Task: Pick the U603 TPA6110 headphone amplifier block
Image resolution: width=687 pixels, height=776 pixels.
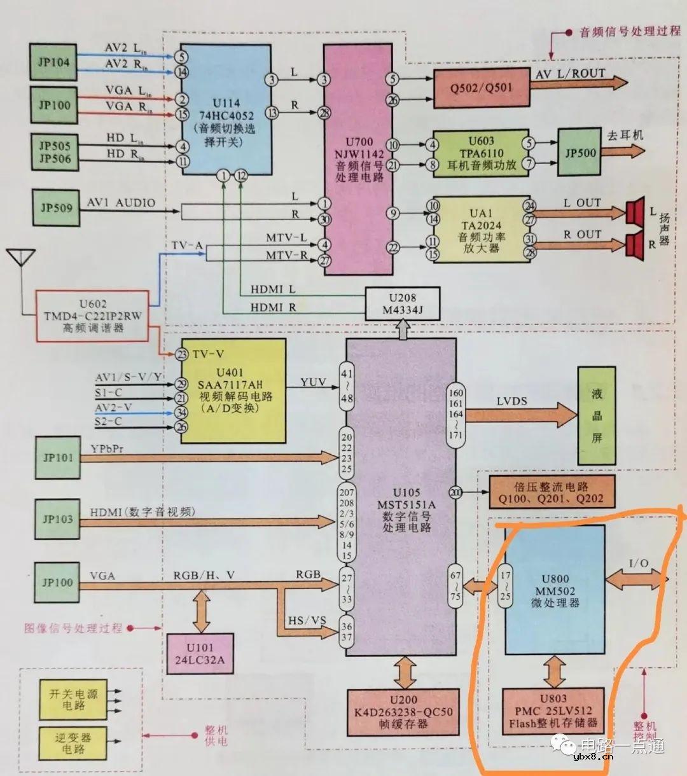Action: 481,153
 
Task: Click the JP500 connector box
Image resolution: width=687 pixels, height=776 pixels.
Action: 579,153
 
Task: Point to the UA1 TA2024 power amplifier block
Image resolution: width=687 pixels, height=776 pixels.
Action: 481,229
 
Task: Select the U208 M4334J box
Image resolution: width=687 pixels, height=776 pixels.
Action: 402,303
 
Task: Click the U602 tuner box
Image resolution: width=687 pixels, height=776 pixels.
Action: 93,315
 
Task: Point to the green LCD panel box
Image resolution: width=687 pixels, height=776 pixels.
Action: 596,415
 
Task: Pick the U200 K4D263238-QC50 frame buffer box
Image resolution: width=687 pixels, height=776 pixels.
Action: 404,711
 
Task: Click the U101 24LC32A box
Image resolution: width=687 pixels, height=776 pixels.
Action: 200,653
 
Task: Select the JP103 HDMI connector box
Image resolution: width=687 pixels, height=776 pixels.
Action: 58,519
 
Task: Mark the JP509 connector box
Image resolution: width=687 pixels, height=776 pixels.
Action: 56,207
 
